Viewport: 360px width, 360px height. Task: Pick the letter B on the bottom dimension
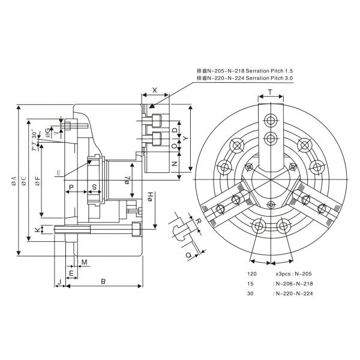pos(103,280)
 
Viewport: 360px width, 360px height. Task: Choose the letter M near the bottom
pos(84,262)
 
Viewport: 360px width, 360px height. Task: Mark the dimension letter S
pos(95,187)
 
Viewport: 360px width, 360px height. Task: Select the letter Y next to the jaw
pos(185,138)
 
